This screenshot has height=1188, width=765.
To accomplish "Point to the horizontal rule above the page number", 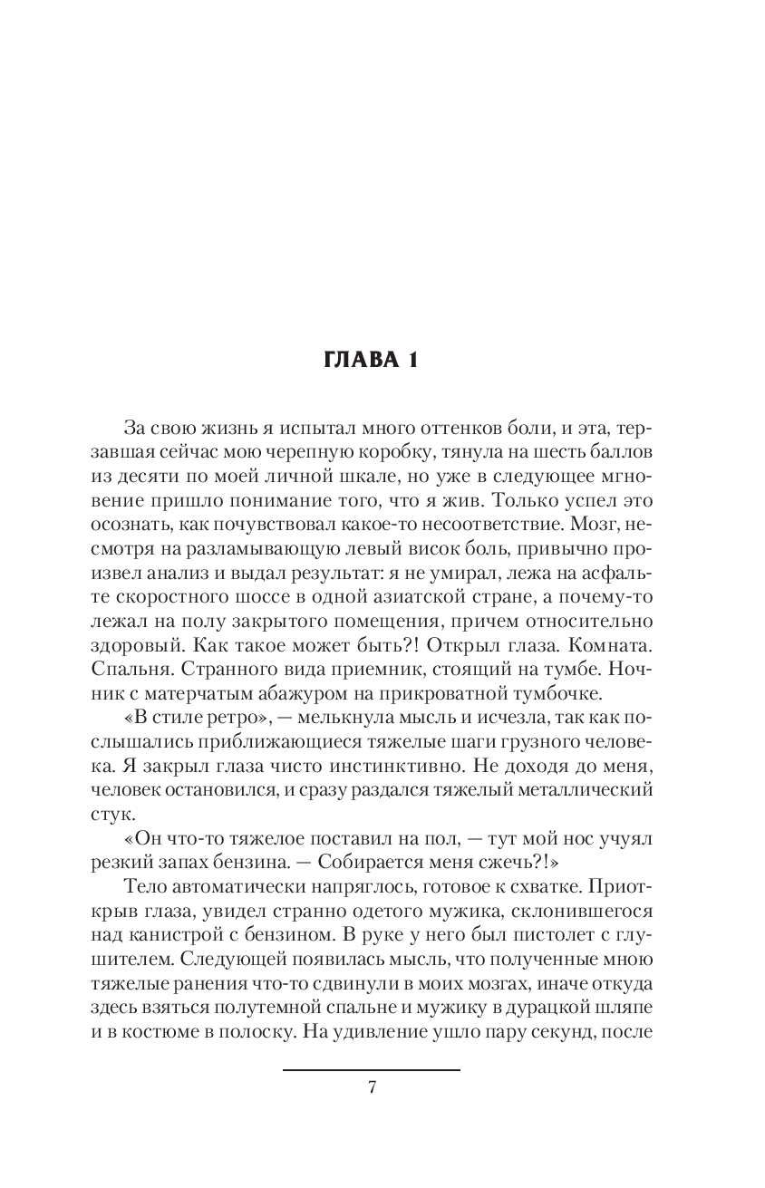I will point(372,1070).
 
